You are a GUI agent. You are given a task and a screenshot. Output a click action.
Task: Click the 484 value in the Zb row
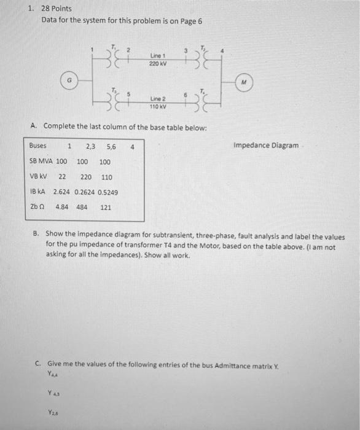[x=82, y=207]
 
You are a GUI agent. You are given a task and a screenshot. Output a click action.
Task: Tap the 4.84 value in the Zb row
[x=61, y=207]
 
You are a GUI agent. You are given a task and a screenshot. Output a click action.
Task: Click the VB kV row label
[x=39, y=176]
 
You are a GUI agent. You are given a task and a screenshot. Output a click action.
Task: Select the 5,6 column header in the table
[x=111, y=146]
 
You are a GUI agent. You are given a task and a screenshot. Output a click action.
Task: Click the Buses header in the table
[x=39, y=146]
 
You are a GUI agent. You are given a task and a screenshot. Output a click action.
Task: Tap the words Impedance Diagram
[x=266, y=146]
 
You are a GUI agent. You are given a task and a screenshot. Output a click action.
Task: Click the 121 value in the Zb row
[x=106, y=207]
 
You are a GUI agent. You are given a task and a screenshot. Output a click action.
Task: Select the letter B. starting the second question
[x=37, y=236]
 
